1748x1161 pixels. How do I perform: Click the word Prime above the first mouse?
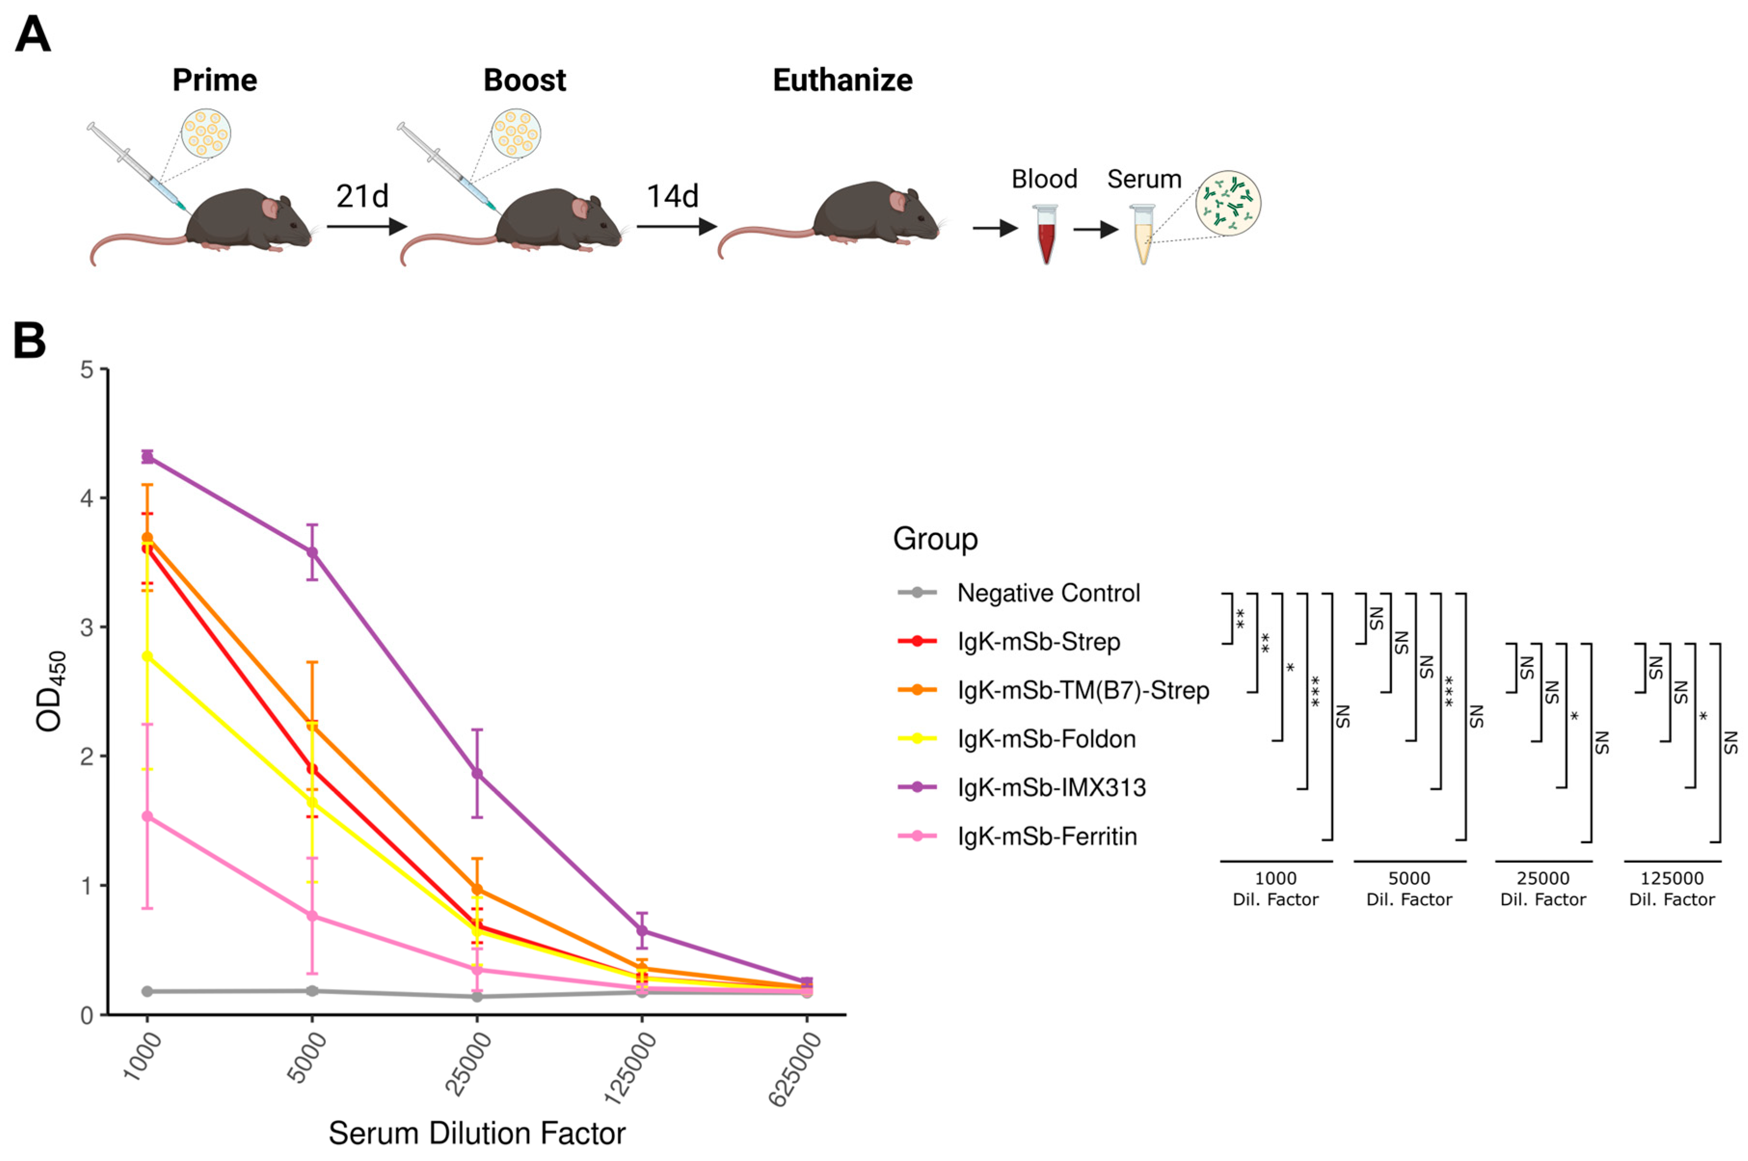pyautogui.click(x=215, y=80)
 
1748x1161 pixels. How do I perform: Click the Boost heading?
pyautogui.click(x=524, y=80)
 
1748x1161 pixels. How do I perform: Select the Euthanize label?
pyautogui.click(x=842, y=80)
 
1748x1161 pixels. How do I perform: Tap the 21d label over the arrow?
pyautogui.click(x=361, y=196)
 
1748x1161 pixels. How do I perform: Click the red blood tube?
pyautogui.click(x=1045, y=236)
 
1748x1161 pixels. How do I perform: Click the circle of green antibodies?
pyautogui.click(x=1228, y=203)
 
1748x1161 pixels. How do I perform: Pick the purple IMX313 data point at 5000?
pyautogui.click(x=312, y=552)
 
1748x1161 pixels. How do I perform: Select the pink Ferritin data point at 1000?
pyautogui.click(x=147, y=817)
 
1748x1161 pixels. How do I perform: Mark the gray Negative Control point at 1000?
pyautogui.click(x=147, y=991)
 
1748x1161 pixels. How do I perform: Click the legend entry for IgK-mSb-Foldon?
pyautogui.click(x=1045, y=739)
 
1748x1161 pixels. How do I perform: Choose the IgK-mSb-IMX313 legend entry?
pyautogui.click(x=1051, y=787)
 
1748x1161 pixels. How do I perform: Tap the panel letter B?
pyautogui.click(x=29, y=341)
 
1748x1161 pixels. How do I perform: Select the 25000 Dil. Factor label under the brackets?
pyautogui.click(x=1542, y=889)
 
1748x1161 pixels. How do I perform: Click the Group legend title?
pyautogui.click(x=935, y=539)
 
